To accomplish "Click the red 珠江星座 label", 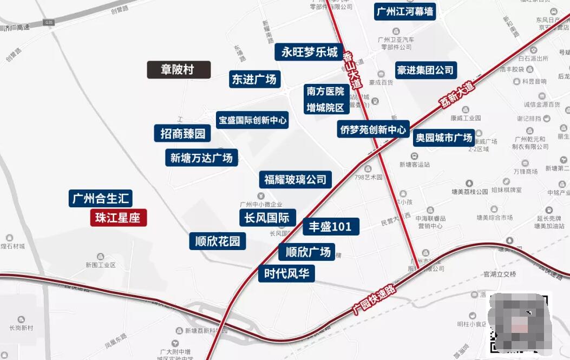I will [x=118, y=218].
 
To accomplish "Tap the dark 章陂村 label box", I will [x=179, y=70].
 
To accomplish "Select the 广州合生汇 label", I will [x=101, y=198].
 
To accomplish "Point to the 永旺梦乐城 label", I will [x=309, y=52].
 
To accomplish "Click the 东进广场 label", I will [x=254, y=79].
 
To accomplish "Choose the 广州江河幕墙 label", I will [x=405, y=11].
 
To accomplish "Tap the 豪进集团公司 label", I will [x=425, y=70].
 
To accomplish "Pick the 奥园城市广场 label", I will [x=444, y=138].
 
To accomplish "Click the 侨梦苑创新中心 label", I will [x=373, y=129].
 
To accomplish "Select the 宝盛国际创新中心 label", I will [x=252, y=120].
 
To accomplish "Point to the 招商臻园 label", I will [x=182, y=133].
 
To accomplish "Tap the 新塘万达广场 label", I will [x=201, y=158].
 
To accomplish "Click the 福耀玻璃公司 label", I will [x=295, y=179].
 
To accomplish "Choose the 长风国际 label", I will [x=267, y=218].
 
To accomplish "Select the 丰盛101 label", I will [x=330, y=226].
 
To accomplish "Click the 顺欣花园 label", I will [x=218, y=241].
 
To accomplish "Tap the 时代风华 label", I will [x=286, y=273].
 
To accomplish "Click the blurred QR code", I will [x=519, y=324].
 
